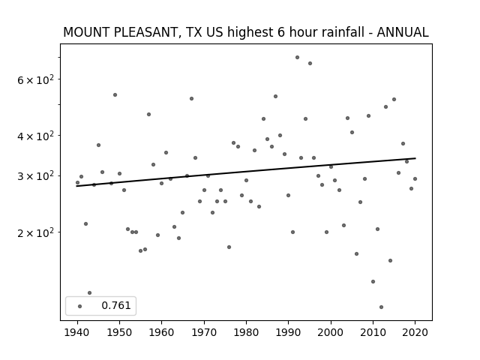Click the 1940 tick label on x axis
(x=77, y=332)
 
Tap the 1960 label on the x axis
(x=162, y=332)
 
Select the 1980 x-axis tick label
(x=246, y=332)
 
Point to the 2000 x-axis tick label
(x=331, y=332)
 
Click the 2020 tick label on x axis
(x=415, y=332)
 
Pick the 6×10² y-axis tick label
(x=35, y=80)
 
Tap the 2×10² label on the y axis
(x=35, y=233)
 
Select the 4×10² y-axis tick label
(x=35, y=136)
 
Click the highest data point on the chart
(x=297, y=58)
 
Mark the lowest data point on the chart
(x=381, y=307)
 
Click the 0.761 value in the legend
(x=116, y=305)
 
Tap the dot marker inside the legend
(x=80, y=306)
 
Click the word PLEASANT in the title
(x=145, y=32)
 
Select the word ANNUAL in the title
(x=402, y=32)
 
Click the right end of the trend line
(x=415, y=158)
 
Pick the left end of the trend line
(x=76, y=186)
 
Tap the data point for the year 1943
(x=90, y=293)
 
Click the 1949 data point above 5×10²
(x=115, y=95)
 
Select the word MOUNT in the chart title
(x=87, y=32)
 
